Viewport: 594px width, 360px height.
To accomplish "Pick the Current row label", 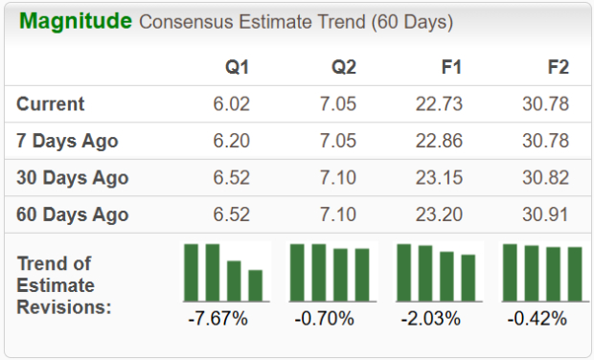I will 51,104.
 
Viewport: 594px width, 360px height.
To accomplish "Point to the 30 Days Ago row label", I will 73,178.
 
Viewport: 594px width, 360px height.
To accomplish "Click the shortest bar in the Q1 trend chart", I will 255,285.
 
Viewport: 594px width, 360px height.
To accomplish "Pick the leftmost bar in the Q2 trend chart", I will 298,272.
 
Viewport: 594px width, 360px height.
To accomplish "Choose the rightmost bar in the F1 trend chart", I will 468,278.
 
